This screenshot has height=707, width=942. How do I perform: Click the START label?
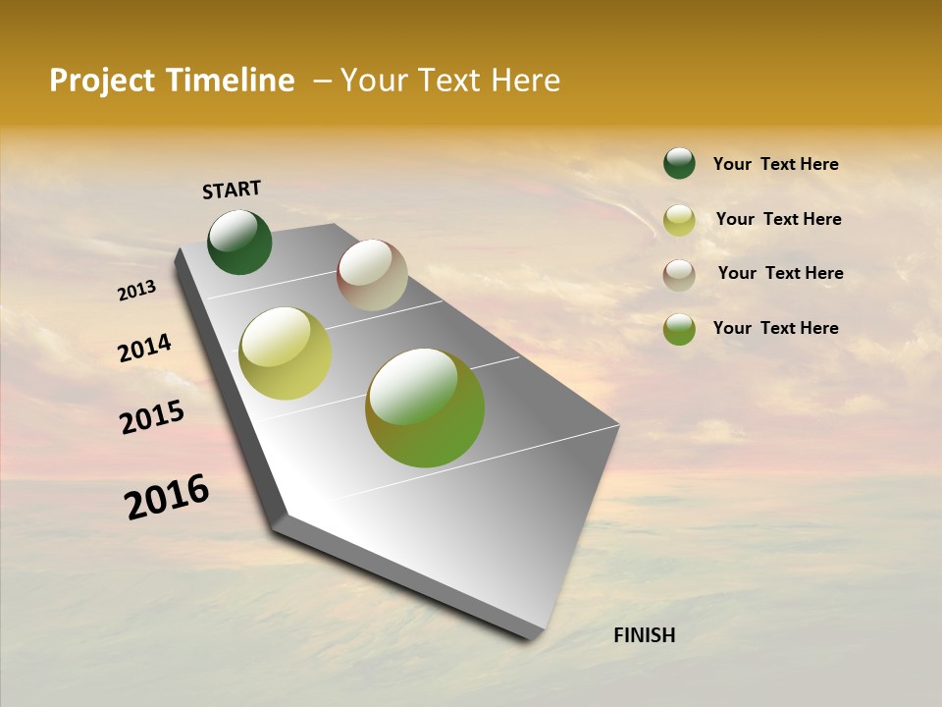(232, 190)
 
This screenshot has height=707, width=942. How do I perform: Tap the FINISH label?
(644, 635)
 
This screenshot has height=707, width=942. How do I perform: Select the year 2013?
(137, 291)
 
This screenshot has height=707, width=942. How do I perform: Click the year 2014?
(144, 349)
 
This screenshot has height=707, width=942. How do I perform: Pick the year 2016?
(167, 497)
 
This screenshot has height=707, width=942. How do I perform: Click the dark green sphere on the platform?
(239, 242)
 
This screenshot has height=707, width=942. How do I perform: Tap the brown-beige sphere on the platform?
(372, 275)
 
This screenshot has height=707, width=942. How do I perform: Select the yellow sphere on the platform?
(286, 353)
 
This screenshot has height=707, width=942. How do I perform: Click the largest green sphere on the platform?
(425, 408)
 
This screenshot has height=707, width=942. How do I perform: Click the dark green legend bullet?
(679, 163)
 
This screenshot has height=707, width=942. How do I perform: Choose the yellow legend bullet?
(679, 220)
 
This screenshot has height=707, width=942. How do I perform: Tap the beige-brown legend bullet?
(679, 275)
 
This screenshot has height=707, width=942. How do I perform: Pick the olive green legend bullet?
(679, 329)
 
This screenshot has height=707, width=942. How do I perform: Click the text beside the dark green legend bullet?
(775, 164)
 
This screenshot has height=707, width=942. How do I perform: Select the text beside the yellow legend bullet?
(778, 219)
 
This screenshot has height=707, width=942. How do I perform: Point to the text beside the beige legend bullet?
(780, 273)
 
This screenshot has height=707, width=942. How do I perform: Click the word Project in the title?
(102, 81)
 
